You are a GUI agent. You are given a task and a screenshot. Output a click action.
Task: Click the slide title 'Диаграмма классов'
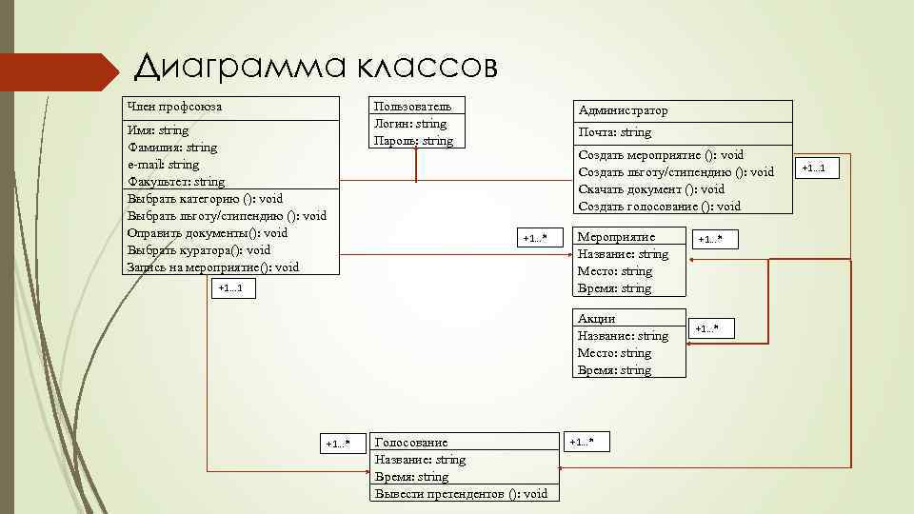[315, 67]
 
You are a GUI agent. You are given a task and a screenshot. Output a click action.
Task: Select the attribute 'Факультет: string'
[176, 181]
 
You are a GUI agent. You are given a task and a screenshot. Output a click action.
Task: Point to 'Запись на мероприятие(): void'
[212, 267]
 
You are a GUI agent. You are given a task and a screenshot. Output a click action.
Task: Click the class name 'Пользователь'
[407, 106]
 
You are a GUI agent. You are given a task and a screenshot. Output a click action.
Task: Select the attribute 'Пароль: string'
[413, 140]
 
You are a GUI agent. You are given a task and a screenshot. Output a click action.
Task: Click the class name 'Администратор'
[623, 110]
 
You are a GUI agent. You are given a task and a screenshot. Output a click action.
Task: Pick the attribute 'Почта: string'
[614, 132]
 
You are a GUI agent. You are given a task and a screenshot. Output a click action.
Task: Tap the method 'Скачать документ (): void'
[651, 188]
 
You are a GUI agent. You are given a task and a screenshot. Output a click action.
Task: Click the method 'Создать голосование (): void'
[659, 206]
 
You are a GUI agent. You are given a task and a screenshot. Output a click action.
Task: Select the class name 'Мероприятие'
[616, 236]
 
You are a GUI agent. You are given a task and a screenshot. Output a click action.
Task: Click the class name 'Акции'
[596, 318]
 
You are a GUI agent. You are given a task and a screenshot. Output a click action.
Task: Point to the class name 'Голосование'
[411, 442]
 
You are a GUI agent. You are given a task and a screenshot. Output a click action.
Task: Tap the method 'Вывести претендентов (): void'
[462, 493]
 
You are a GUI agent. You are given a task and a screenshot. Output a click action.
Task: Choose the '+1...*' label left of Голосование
[338, 444]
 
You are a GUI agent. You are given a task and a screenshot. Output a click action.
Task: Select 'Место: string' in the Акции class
[614, 352]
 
